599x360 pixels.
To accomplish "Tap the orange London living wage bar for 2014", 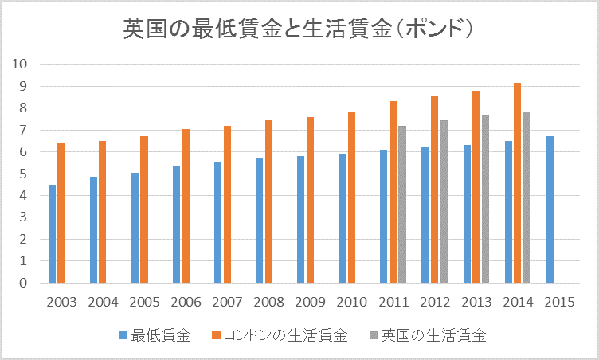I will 518,183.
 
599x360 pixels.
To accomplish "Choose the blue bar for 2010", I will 343,218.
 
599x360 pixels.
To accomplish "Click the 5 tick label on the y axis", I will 23,174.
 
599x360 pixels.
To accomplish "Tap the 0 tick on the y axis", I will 23,283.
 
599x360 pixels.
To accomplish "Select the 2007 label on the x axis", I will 227,303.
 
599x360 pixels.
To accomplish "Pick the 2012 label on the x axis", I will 434,303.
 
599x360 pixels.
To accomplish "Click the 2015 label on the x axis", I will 558,303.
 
